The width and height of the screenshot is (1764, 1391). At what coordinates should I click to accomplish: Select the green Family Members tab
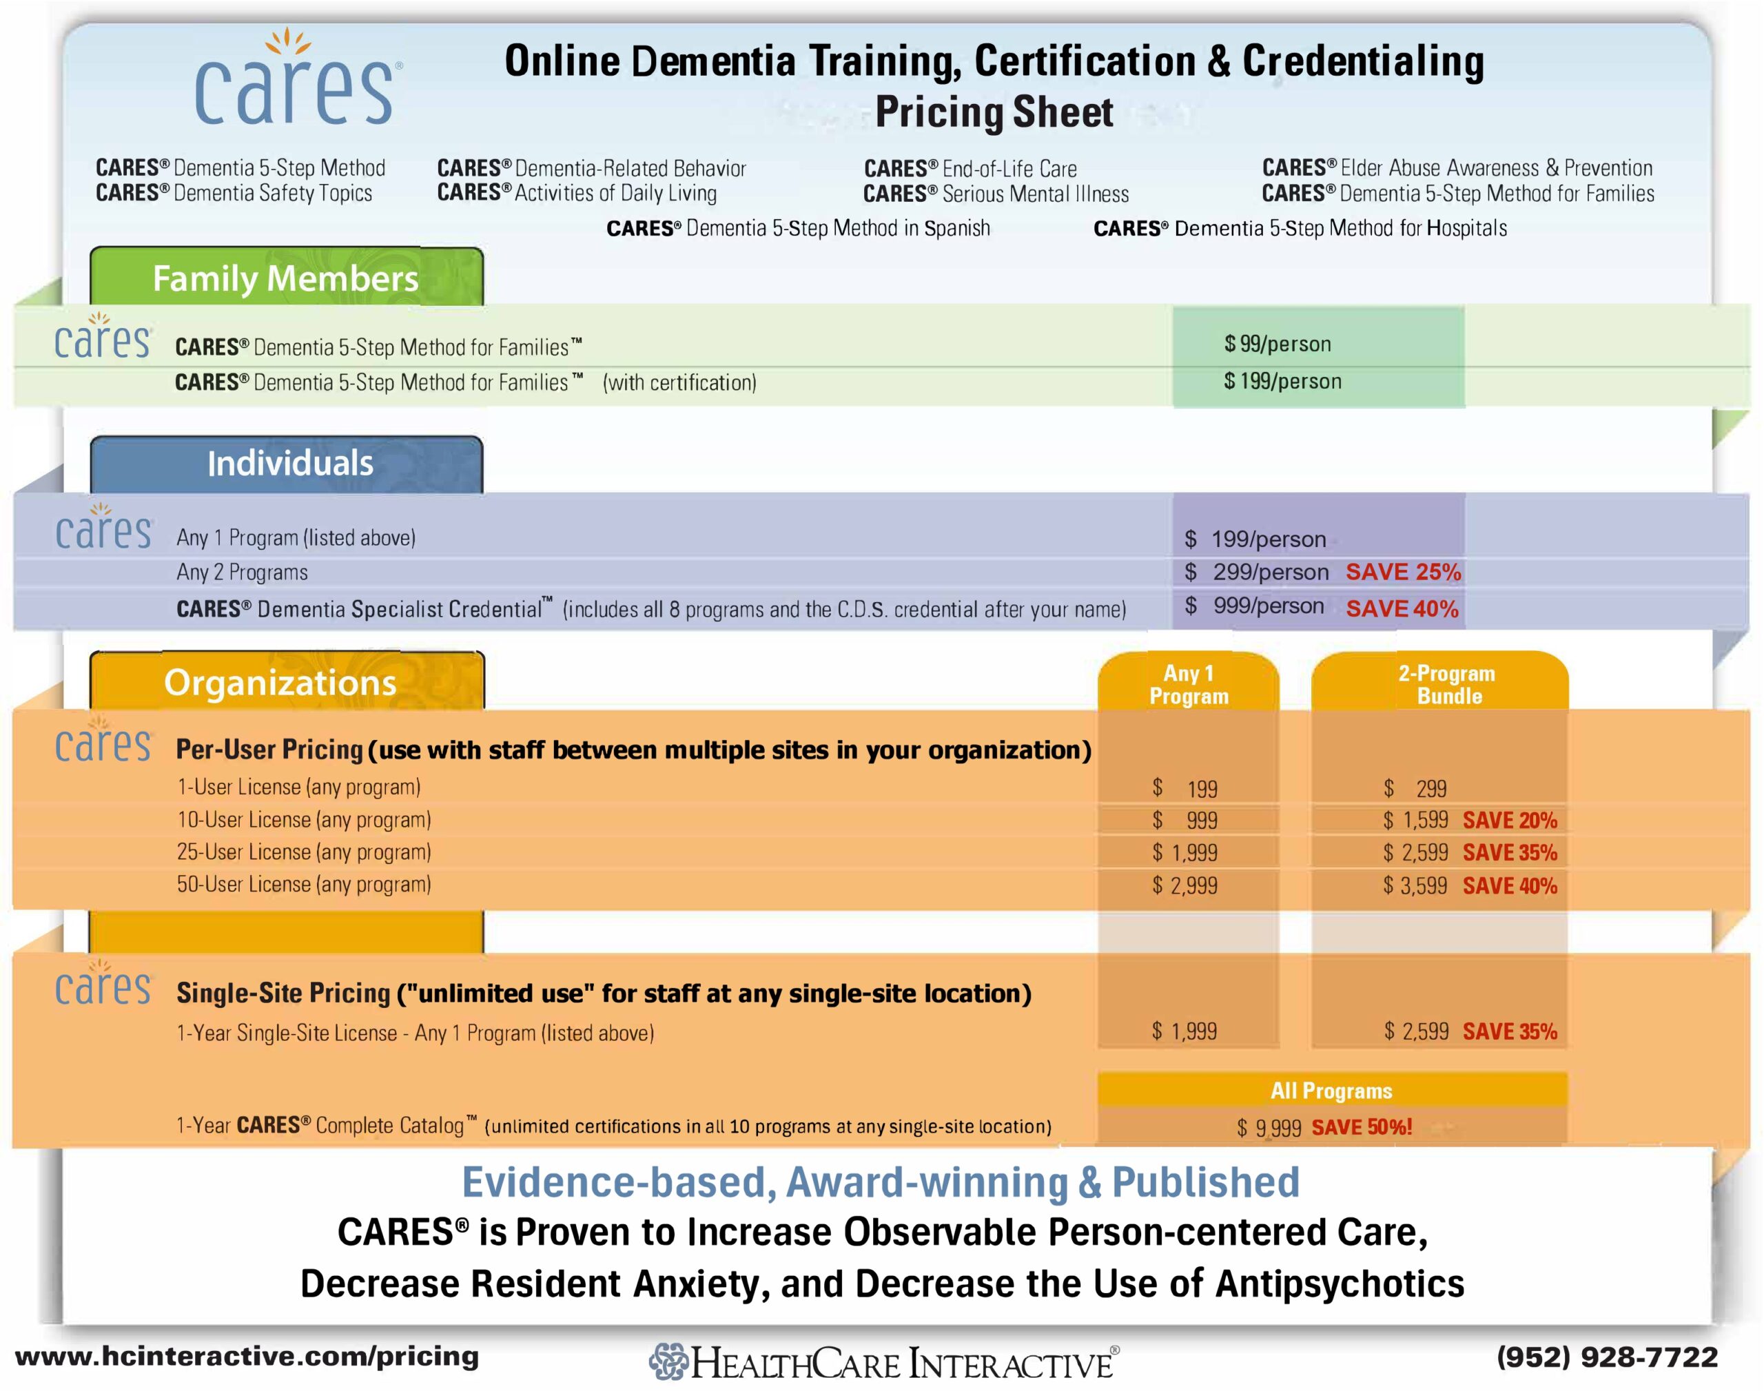(286, 278)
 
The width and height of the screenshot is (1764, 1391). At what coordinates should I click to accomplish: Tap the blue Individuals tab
(286, 464)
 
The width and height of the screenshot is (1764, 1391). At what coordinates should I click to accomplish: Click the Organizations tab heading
(286, 681)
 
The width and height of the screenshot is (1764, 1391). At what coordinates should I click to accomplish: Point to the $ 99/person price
(1277, 344)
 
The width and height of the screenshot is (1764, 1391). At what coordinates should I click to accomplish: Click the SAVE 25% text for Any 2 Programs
(1402, 572)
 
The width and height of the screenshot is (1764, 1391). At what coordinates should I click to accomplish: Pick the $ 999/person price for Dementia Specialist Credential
(1254, 606)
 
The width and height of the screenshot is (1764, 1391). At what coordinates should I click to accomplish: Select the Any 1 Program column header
(1188, 684)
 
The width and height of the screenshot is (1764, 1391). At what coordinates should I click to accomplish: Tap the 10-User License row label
(304, 820)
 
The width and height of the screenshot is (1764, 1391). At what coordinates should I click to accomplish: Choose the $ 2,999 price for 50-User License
(1185, 885)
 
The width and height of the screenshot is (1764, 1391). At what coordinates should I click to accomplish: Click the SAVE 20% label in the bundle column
(1509, 820)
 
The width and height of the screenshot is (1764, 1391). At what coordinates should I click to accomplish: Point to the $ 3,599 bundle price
(1415, 885)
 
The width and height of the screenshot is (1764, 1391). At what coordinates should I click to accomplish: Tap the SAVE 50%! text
(1362, 1127)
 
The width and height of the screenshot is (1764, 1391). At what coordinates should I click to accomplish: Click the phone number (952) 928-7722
(1607, 1356)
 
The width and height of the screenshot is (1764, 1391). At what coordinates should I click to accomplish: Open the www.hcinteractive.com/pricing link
(247, 1356)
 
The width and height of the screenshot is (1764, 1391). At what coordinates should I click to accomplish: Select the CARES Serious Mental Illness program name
(996, 194)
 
